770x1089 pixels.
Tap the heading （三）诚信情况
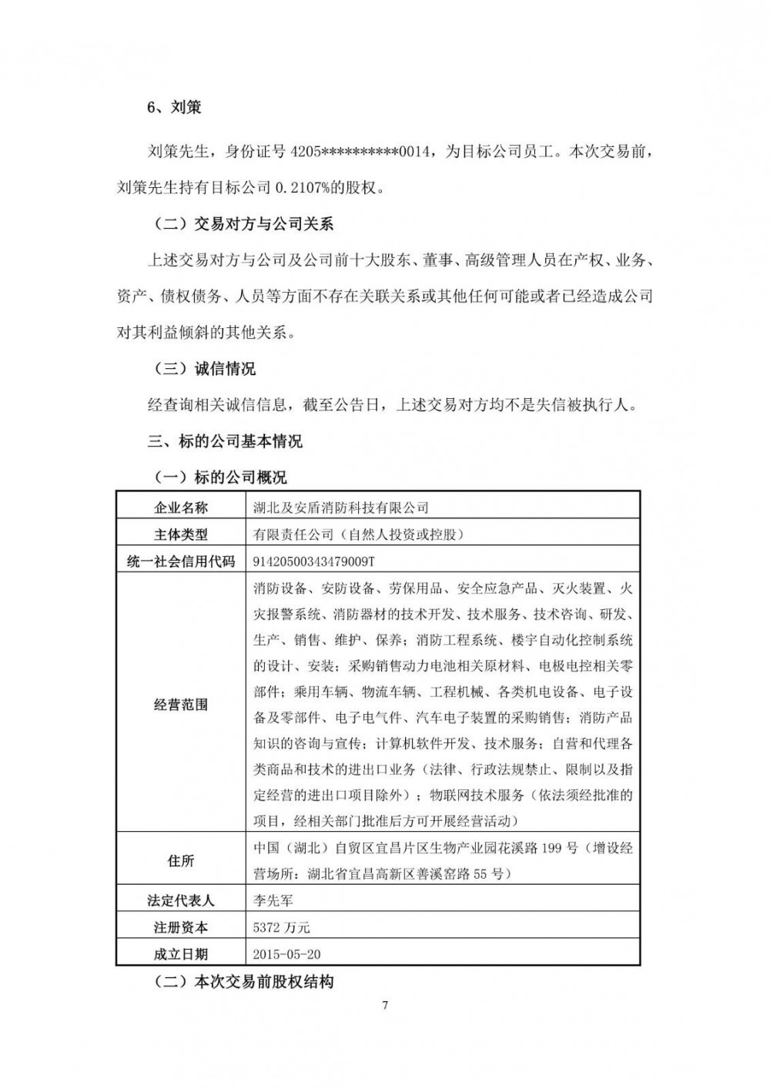[x=201, y=369]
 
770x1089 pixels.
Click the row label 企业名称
[x=180, y=508]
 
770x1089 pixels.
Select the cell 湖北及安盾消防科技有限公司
[x=341, y=508]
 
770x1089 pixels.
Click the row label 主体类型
[x=180, y=534]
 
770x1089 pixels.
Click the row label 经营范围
[x=180, y=704]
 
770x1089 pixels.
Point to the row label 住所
[x=180, y=860]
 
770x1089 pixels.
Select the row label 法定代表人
[x=180, y=900]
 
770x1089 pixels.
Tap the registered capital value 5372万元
[x=281, y=927]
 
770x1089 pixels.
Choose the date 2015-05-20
[x=286, y=954]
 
